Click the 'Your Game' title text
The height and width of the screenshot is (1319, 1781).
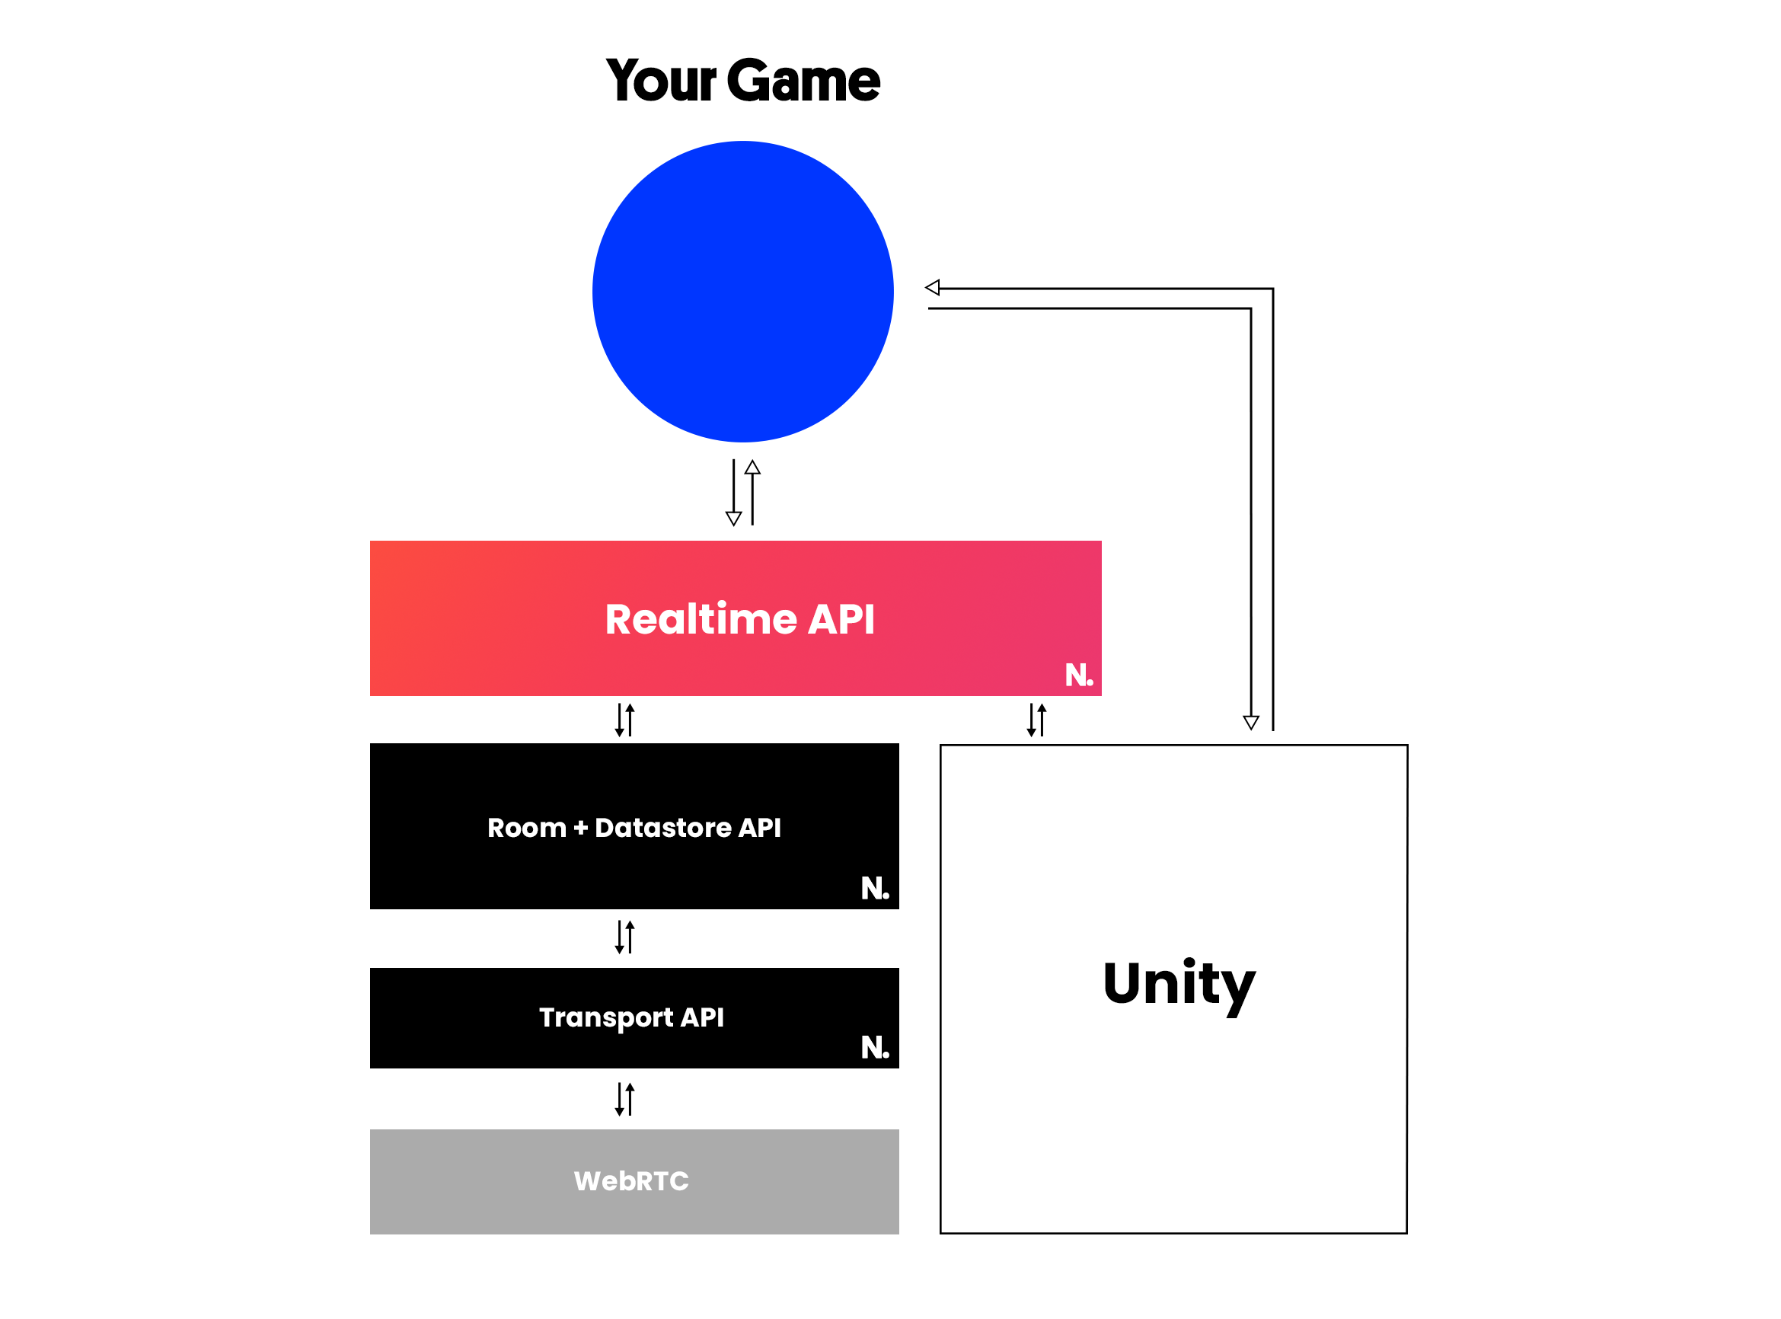[x=742, y=81]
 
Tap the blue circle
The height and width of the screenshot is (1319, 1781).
[x=742, y=292]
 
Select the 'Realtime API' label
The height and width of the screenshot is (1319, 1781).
[x=739, y=619]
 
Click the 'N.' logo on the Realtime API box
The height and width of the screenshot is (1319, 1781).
[x=1077, y=675]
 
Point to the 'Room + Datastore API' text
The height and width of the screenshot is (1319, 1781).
[x=633, y=827]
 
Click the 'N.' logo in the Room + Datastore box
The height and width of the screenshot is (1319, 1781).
[x=874, y=888]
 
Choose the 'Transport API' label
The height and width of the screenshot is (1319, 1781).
[x=630, y=1017]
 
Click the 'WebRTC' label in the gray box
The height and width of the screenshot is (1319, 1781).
[x=630, y=1181]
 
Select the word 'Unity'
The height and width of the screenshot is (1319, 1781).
[x=1178, y=985]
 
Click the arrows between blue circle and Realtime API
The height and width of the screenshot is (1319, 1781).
[x=742, y=493]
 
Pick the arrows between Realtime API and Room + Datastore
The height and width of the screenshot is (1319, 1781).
[x=624, y=720]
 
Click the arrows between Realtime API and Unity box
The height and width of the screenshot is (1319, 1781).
[x=1036, y=720]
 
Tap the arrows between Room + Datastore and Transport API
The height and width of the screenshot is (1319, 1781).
[x=624, y=937]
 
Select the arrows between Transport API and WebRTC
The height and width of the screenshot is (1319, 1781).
[x=624, y=1099]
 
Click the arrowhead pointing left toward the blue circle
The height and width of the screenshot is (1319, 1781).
[x=933, y=287]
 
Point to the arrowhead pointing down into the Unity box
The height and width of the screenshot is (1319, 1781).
[x=1250, y=723]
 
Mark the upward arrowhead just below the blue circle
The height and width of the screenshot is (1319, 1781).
[x=752, y=467]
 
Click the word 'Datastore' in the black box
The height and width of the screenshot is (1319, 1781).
[x=662, y=827]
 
